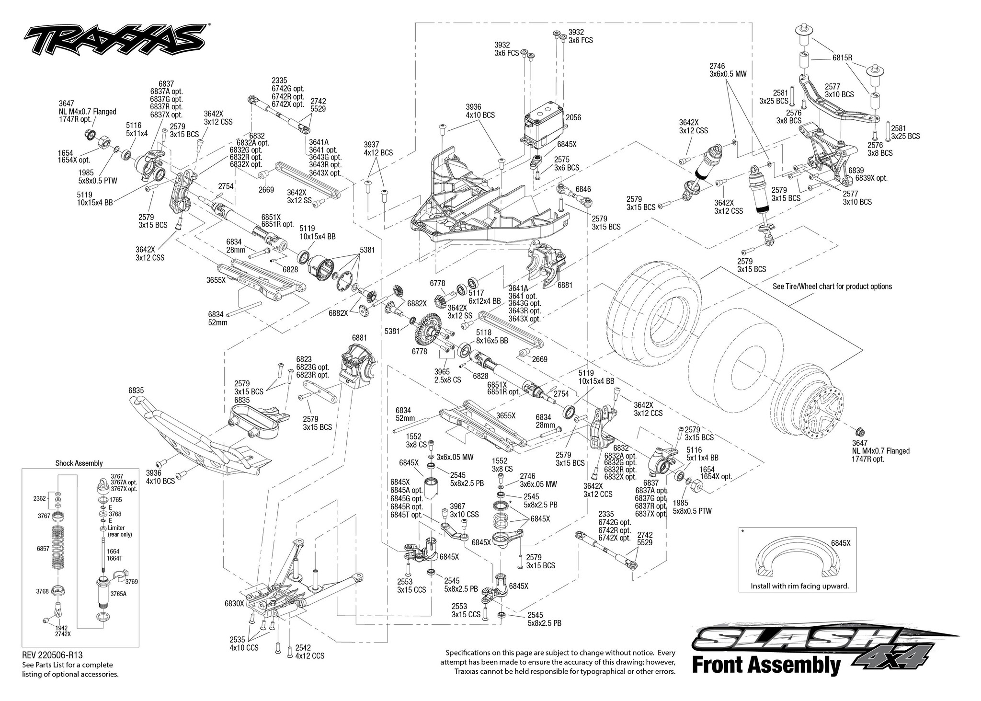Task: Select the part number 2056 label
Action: tap(573, 118)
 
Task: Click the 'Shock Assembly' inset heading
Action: tap(79, 463)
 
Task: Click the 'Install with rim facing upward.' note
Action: tap(799, 586)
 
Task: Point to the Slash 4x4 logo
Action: tap(814, 644)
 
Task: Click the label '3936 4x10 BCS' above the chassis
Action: tap(480, 111)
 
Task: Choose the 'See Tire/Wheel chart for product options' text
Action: tap(832, 287)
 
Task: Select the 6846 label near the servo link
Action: tap(583, 190)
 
